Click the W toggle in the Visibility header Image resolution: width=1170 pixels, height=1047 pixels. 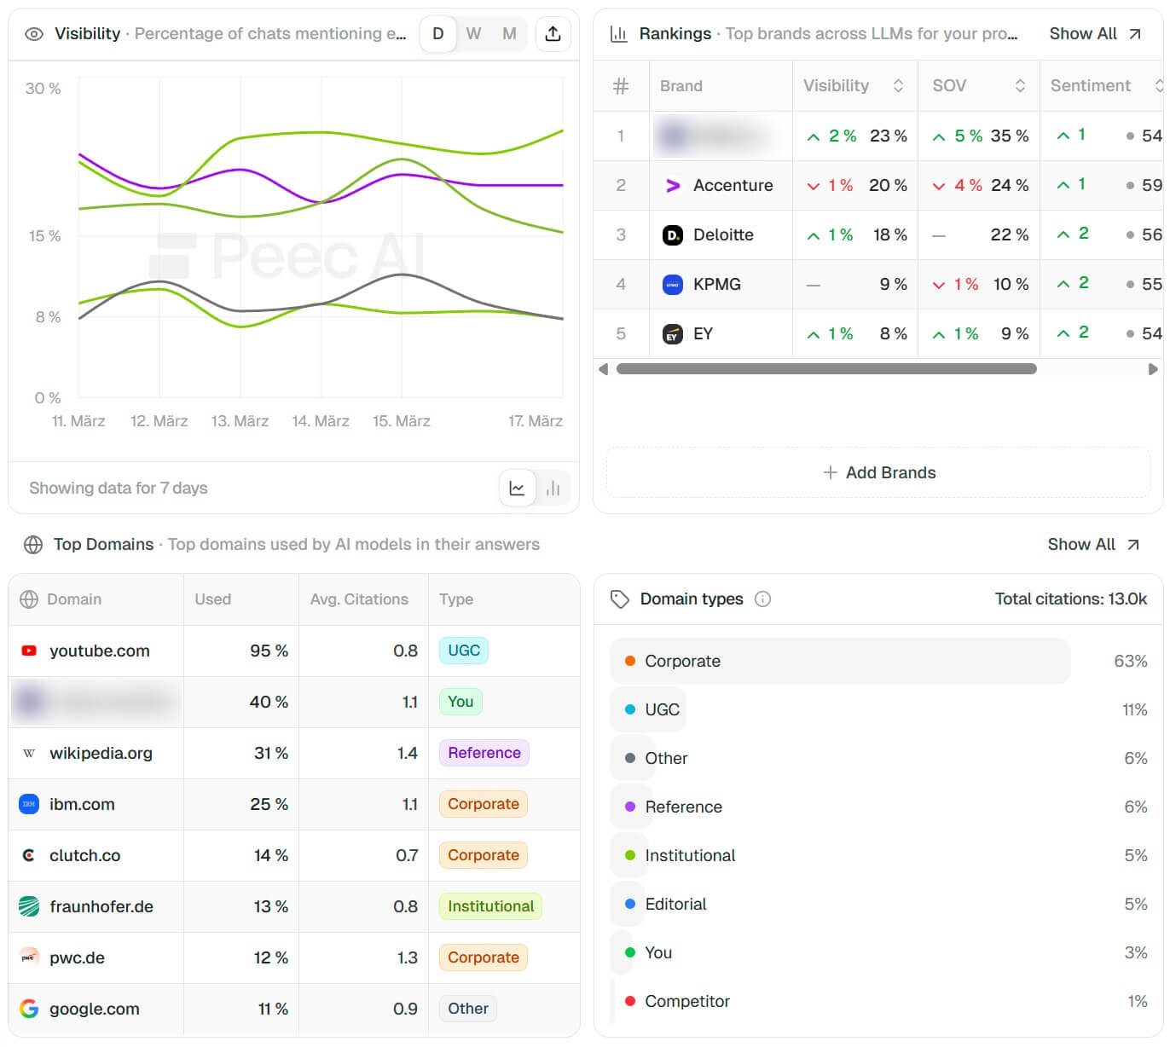point(473,34)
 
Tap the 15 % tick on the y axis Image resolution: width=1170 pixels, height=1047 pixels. point(44,236)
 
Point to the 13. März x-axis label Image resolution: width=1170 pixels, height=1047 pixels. point(240,421)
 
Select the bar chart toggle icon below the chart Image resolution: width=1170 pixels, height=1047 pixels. point(553,489)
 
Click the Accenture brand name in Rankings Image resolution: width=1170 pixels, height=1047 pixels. point(733,186)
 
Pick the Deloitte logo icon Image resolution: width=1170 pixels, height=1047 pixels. point(673,235)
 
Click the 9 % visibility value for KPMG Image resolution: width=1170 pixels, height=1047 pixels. point(893,285)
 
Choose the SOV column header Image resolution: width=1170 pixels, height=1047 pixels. point(949,86)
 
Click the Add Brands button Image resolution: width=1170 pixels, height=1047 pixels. point(878,473)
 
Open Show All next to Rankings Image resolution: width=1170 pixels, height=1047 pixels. point(1094,34)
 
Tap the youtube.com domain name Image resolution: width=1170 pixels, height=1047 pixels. point(100,651)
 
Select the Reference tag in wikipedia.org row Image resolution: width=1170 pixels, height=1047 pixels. point(484,753)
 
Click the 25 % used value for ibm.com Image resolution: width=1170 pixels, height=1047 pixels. point(269,805)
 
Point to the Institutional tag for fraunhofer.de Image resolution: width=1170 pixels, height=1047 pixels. point(490,906)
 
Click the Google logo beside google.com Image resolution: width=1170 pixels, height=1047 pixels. point(29,1009)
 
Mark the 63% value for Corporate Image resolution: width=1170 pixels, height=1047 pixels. point(1130,662)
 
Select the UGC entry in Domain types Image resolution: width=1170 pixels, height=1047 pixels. point(662,710)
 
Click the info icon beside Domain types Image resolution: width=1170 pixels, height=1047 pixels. point(763,599)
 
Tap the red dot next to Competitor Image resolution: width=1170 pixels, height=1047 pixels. point(630,1002)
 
